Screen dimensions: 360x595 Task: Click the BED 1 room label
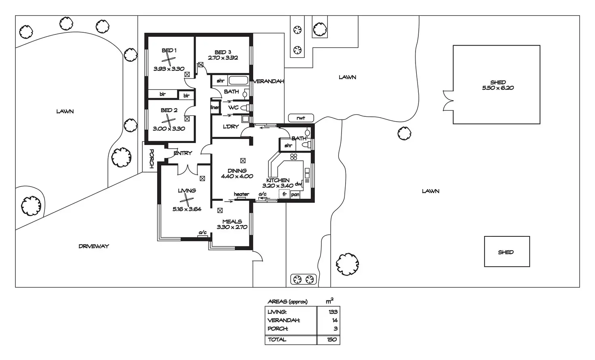(169, 51)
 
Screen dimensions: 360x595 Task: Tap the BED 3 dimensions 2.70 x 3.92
(223, 58)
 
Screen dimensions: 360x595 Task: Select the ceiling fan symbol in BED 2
(169, 120)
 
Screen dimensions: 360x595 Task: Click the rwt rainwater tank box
(301, 118)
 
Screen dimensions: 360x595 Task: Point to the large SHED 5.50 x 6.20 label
(498, 85)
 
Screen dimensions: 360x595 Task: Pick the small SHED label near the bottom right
(506, 252)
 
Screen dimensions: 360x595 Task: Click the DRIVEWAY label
(94, 246)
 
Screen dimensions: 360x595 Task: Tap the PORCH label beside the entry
(151, 158)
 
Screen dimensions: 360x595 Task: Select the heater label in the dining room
(241, 194)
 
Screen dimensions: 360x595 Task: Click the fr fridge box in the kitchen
(284, 194)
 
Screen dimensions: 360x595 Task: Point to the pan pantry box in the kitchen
(295, 194)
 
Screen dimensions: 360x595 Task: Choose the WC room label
(233, 108)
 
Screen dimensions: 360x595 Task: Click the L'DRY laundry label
(231, 126)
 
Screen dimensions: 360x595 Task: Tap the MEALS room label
(232, 221)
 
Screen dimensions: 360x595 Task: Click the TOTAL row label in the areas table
(277, 339)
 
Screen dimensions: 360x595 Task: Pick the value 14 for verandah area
(334, 320)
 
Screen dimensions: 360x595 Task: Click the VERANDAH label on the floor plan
(269, 81)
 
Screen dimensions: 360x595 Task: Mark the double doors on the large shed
(447, 100)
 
